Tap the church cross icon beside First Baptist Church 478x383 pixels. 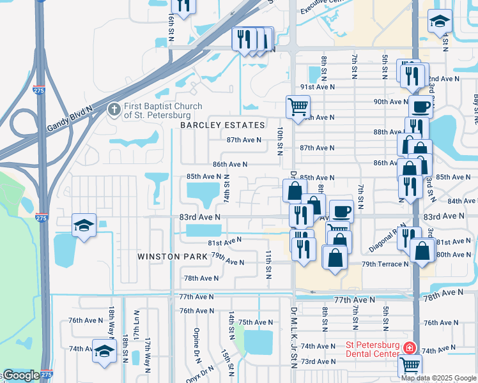114,110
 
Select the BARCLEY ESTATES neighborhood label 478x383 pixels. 222,125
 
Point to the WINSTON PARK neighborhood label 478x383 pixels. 173,257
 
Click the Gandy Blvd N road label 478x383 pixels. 70,119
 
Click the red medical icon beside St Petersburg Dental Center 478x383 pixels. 408,349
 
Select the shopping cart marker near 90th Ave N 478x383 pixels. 298,107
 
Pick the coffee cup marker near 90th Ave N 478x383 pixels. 420,107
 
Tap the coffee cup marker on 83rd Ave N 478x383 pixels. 341,211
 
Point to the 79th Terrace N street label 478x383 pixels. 385,264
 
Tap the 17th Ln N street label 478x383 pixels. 136,322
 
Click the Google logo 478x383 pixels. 20,375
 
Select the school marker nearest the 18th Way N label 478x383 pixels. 104,352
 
